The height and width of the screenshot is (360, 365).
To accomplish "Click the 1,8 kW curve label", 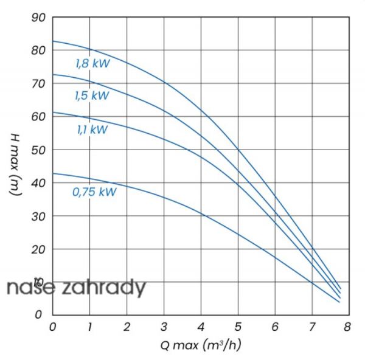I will click(x=92, y=63).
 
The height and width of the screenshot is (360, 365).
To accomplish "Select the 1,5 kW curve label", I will click(x=91, y=95).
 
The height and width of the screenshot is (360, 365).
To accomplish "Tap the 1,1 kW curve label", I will click(x=92, y=129).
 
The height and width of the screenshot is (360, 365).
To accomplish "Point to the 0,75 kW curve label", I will click(x=94, y=192).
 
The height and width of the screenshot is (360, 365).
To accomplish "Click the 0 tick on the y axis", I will click(x=39, y=315).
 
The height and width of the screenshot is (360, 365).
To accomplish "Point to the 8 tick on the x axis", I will click(x=347, y=327).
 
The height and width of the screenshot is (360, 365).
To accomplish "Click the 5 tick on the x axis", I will click(x=237, y=327).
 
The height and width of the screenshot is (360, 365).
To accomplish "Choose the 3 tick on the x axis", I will click(x=164, y=327).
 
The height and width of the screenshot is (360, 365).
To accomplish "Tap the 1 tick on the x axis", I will click(x=90, y=327).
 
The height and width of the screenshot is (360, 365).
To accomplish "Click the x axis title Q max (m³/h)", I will click(x=201, y=345).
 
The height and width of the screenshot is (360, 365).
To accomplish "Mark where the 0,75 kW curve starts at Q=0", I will click(x=53, y=173).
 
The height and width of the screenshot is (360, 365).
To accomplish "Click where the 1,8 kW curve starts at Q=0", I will click(x=53, y=41).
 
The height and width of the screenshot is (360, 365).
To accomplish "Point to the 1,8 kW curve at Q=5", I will click(x=237, y=150).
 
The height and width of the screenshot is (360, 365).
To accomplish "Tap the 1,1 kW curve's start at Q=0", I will click(x=53, y=112).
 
